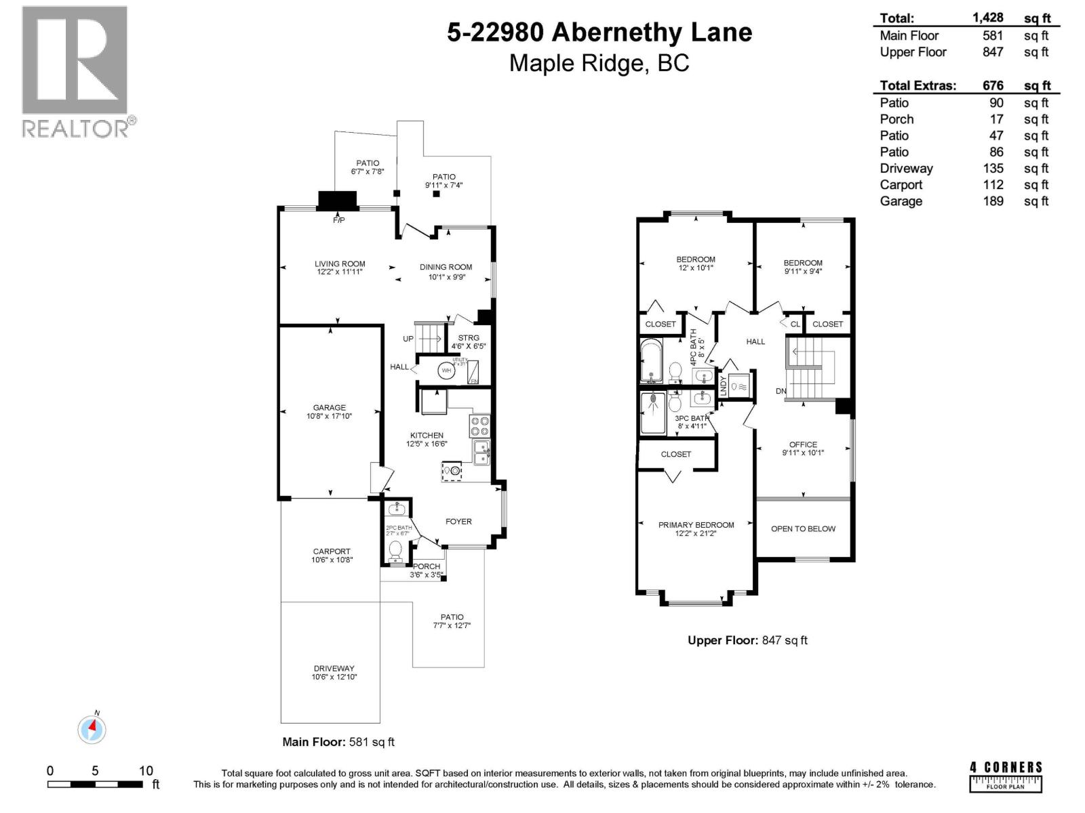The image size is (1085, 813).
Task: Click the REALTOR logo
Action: (75, 71)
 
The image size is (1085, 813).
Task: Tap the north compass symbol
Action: (92, 730)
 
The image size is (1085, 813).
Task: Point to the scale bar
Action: (95, 784)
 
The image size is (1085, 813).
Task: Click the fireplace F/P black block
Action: (337, 201)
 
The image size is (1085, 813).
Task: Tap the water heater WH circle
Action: (446, 371)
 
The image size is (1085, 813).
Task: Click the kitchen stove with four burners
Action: (480, 426)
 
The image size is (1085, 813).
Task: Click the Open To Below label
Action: (803, 528)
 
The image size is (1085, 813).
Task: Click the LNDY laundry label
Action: (723, 386)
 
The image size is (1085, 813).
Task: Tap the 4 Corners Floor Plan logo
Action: (1006, 776)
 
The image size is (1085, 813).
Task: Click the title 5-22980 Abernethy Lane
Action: (599, 33)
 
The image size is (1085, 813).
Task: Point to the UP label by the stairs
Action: (408, 339)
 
